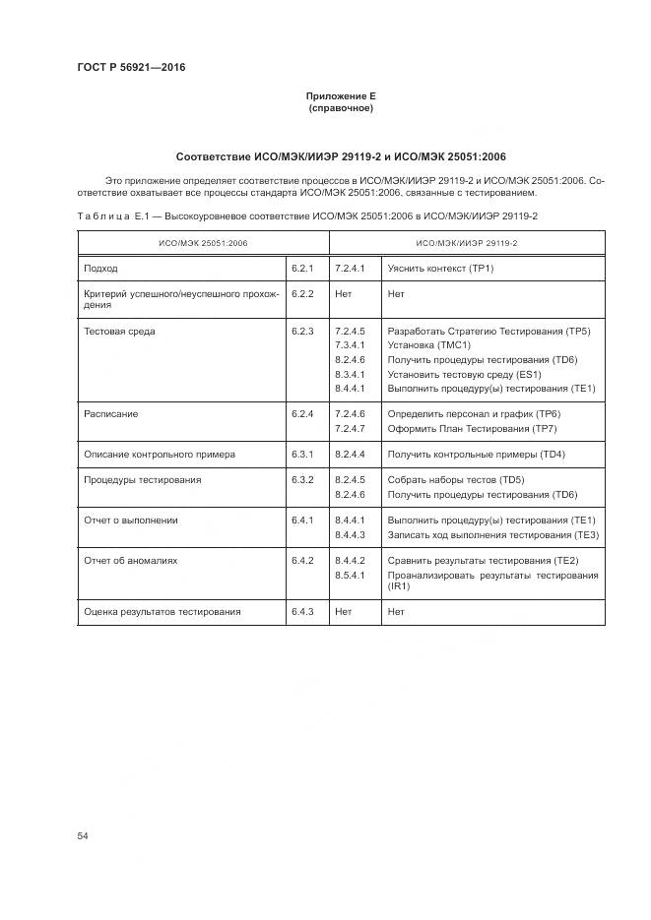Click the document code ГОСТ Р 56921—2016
pos(131,68)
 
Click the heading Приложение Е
pos(341,95)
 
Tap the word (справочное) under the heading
pos(341,107)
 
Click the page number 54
pos(83,835)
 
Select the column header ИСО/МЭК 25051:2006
pos(204,242)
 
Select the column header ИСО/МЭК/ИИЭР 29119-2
pos(467,242)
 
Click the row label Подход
pos(101,268)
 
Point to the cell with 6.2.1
pos(302,268)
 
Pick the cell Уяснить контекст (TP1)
pos(440,268)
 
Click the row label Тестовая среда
pos(120,332)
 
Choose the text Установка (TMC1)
pos(429,345)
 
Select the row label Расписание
pos(111,414)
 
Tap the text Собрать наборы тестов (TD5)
pos(456,480)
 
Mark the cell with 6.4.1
pos(302,520)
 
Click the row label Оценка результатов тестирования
pos(163,611)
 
